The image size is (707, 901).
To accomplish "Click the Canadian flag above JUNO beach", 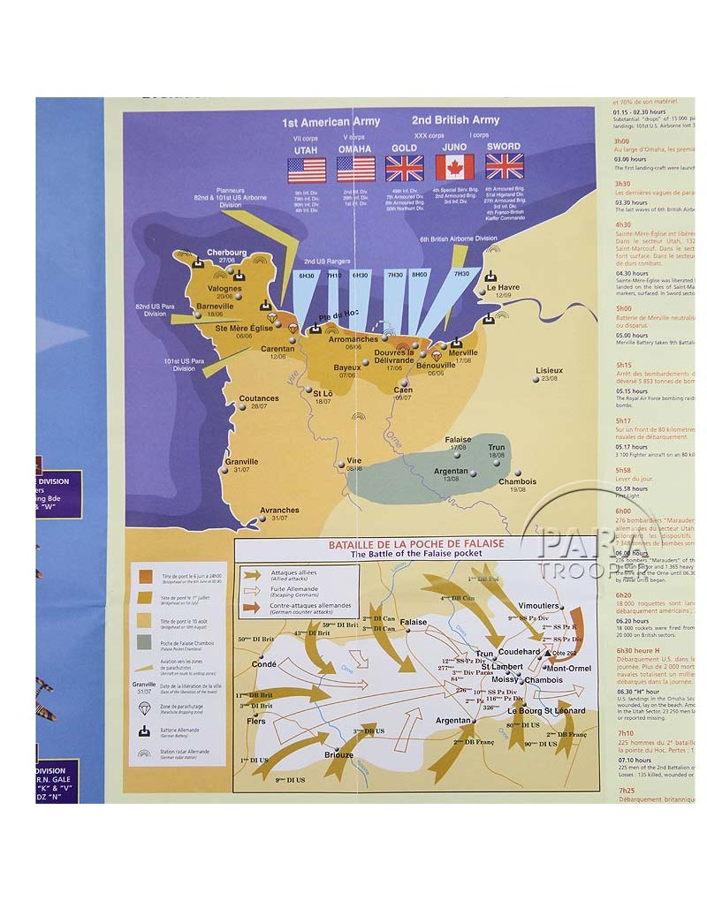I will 454,167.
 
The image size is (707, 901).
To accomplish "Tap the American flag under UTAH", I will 307,170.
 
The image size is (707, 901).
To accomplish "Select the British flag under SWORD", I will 505,166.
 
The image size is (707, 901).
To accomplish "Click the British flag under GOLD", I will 405,168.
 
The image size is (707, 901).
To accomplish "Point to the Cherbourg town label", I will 227,252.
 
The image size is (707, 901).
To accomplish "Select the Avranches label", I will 279,510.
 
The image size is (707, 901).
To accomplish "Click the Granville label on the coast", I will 241,461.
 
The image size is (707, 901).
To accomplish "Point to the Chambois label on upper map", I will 517,481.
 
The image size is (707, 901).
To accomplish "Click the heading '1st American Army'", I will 331,122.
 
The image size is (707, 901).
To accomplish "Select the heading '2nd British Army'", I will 455,119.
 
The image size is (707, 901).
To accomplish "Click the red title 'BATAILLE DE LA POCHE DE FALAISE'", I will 414,545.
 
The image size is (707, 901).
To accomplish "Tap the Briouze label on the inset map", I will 338,754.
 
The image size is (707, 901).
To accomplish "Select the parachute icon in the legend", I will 144,708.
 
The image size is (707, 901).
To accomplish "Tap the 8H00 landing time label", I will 420,275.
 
